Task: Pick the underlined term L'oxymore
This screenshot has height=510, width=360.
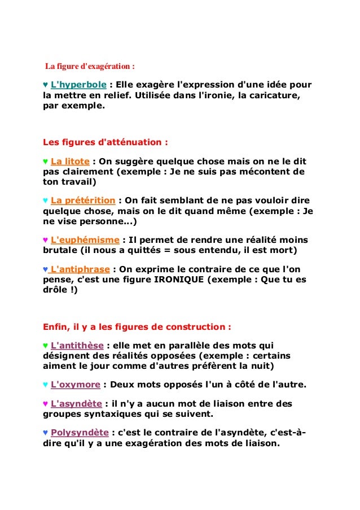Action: tap(75, 385)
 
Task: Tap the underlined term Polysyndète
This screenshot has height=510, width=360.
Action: tap(79, 433)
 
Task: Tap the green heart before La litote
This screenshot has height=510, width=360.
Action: tap(46, 161)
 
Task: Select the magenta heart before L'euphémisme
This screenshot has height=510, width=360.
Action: tap(46, 240)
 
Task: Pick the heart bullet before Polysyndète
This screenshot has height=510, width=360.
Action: tap(46, 433)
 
